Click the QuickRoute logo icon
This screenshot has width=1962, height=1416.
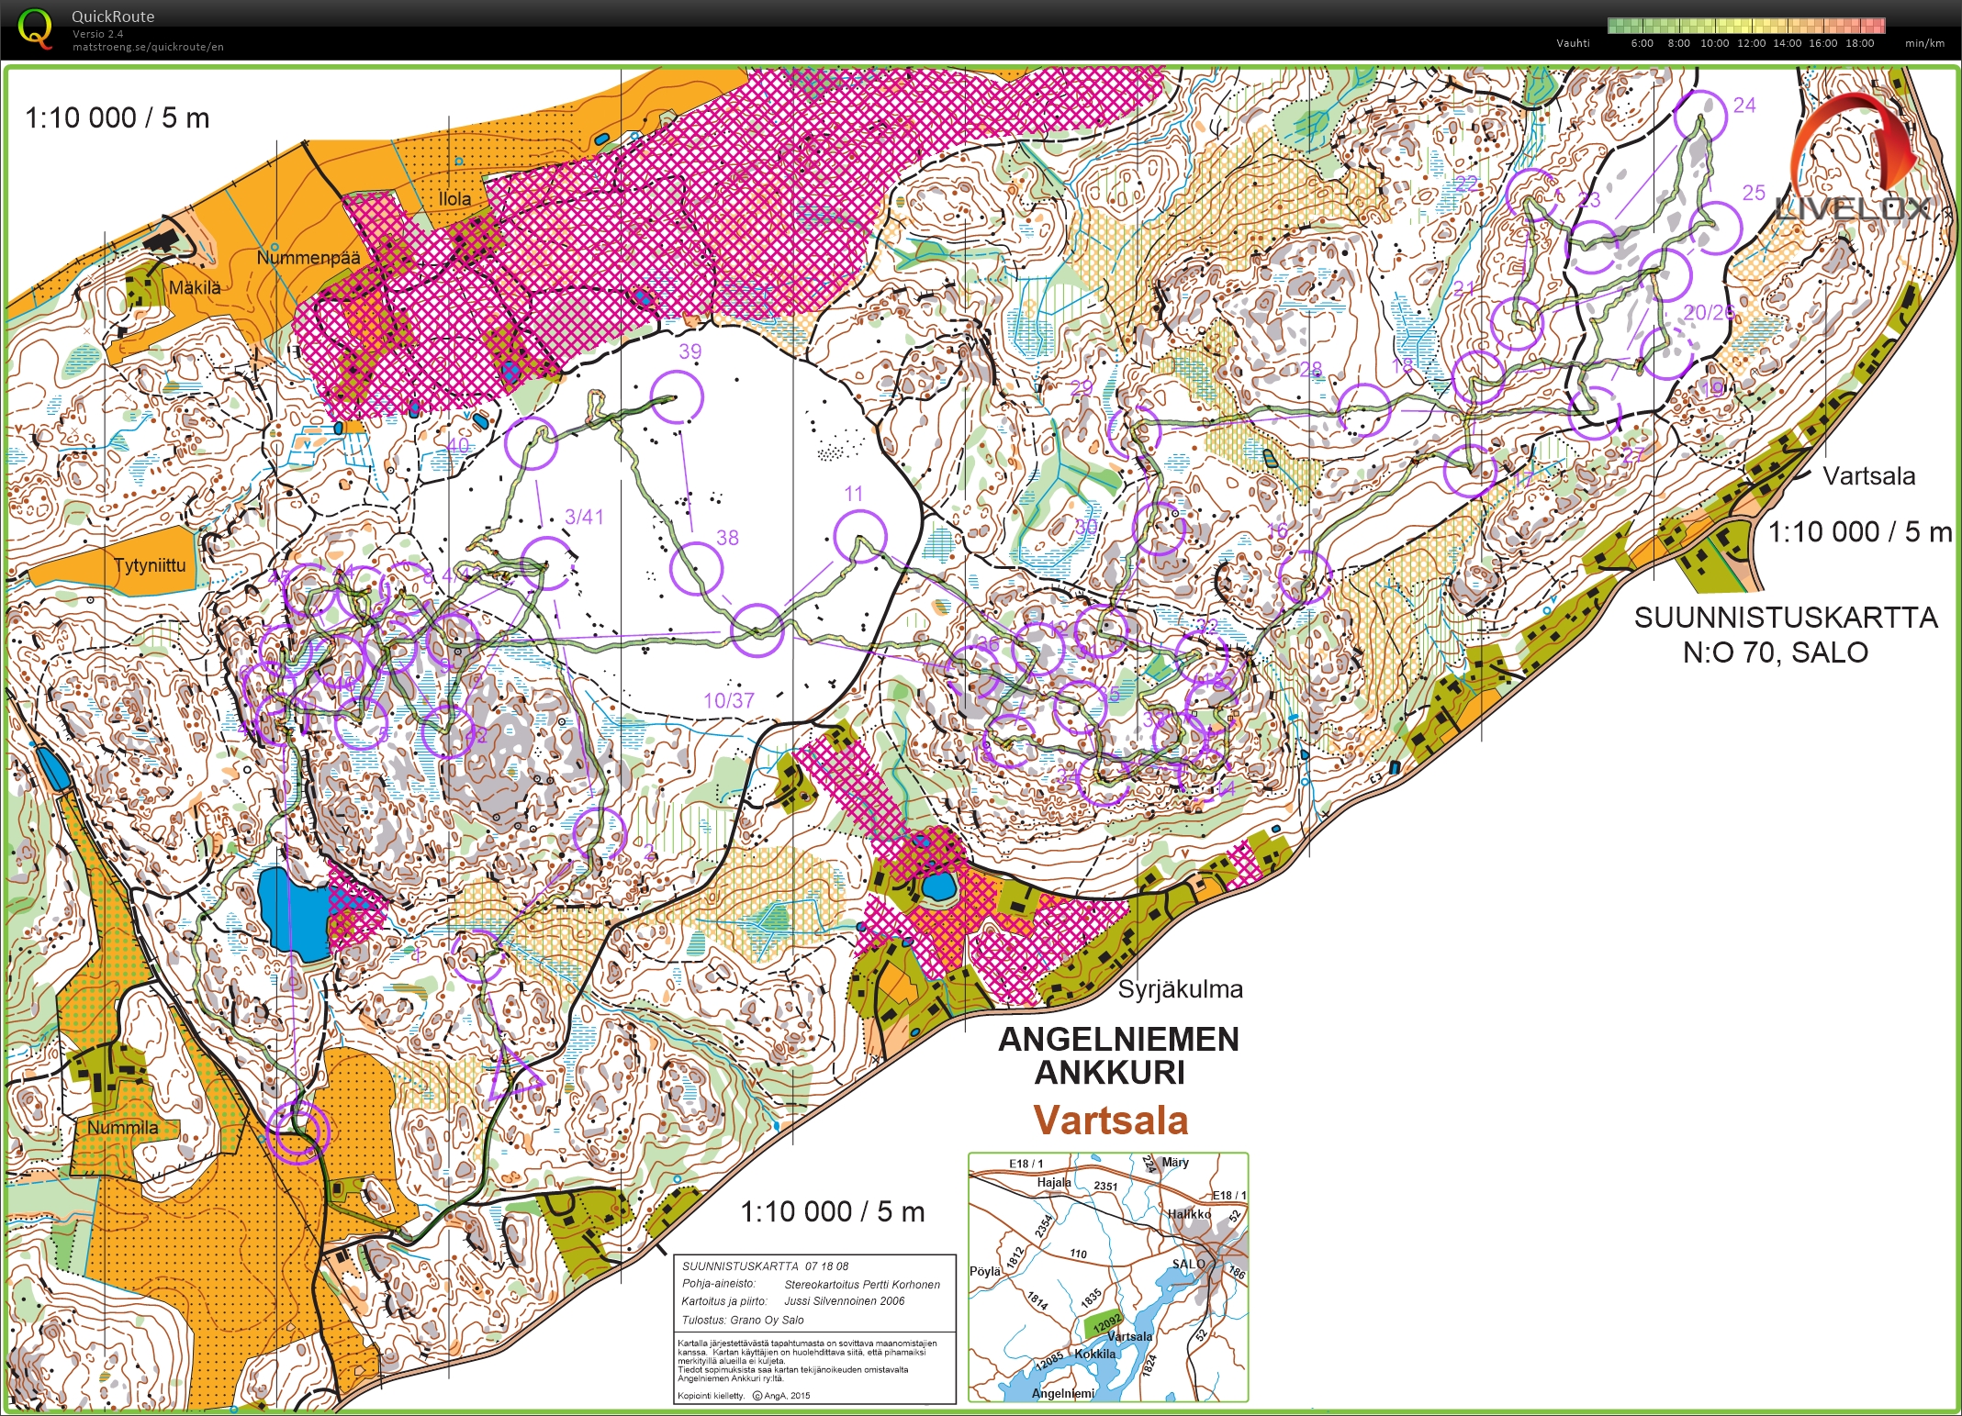click(x=35, y=28)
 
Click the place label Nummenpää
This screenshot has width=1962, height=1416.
click(x=308, y=257)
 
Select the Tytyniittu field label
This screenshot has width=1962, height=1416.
click(x=150, y=565)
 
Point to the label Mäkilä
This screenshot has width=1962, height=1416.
click(x=195, y=287)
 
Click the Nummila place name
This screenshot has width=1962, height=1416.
click(x=123, y=1128)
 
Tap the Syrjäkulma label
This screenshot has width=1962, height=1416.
click(x=1180, y=989)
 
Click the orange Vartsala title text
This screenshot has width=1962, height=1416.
click(x=1110, y=1121)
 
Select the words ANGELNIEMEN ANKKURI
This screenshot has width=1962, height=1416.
click(x=1117, y=1055)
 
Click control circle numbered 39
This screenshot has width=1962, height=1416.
click(x=677, y=396)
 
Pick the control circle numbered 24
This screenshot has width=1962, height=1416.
click(x=1699, y=117)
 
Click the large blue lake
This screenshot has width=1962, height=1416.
click(x=292, y=913)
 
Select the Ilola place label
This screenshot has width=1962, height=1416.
click(x=454, y=198)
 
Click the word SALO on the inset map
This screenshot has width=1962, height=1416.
click(x=1187, y=1264)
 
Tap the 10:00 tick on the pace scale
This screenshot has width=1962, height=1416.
click(x=1714, y=43)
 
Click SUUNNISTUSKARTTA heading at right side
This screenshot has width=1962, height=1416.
click(x=1785, y=618)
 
